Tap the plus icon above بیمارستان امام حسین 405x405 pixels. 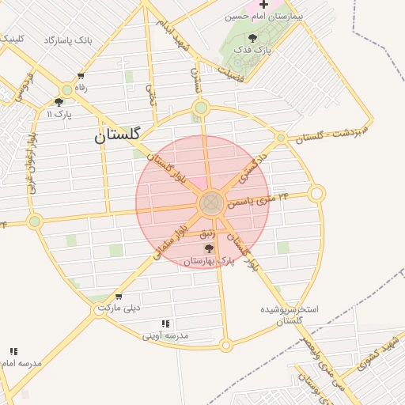263,5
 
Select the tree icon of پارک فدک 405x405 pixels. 252,38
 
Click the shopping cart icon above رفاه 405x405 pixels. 80,77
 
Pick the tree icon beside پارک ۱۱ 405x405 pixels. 59,102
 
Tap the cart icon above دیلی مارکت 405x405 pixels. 119,297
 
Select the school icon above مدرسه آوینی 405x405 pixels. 165,324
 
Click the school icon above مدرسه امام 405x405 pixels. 14,350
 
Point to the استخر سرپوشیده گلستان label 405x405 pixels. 293,314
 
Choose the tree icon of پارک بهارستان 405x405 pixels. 209,248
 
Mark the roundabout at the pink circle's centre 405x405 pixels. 210,203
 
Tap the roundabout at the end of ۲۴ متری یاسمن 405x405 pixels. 316,192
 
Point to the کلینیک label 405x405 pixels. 12,38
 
